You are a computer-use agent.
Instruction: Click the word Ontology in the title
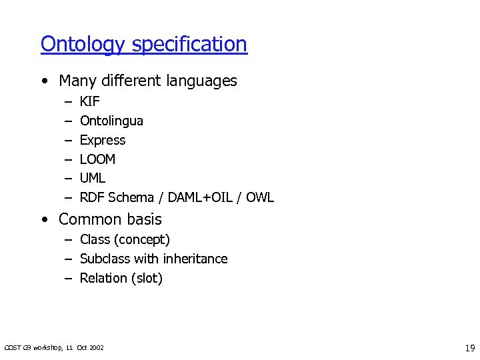83,45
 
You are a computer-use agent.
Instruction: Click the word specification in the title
189,45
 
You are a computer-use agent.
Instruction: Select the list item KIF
89,102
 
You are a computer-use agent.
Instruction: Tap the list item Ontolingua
111,121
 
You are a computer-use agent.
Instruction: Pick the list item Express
103,140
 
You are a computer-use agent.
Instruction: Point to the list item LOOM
98,159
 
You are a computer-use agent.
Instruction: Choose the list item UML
93,178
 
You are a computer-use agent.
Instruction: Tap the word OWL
260,197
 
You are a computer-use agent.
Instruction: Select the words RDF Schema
117,197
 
